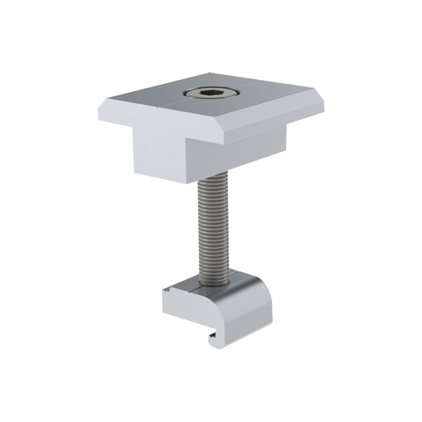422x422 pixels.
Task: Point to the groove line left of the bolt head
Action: (165, 102)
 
